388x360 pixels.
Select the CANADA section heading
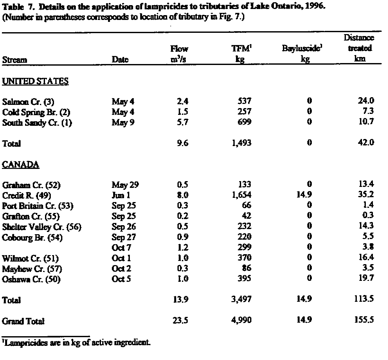[x=21, y=165]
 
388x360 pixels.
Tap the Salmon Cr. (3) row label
[x=28, y=102]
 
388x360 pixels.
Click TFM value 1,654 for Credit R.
[x=241, y=195]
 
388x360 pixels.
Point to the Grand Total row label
[x=23, y=321]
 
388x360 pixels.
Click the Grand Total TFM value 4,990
[x=241, y=320]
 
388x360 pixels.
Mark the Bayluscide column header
[x=302, y=53]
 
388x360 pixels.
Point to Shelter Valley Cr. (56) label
[x=41, y=227]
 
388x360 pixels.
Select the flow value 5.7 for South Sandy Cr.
[x=183, y=122]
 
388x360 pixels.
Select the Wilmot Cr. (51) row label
[x=30, y=258]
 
